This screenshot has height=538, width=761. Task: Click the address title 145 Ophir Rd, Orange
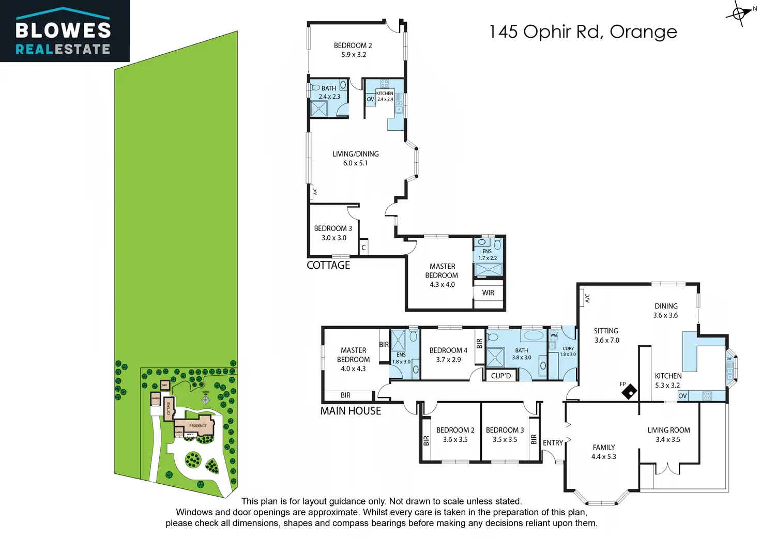click(x=583, y=32)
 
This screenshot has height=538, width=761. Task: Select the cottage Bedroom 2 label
click(x=353, y=50)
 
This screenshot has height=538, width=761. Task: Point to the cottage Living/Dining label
click(x=356, y=158)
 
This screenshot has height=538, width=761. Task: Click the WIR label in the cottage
click(x=488, y=293)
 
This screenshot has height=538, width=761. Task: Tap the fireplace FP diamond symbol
click(x=629, y=393)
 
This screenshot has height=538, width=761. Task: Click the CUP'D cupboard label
click(x=500, y=376)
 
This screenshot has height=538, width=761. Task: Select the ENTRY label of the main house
click(x=553, y=443)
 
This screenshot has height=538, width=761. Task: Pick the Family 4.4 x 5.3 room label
click(x=604, y=452)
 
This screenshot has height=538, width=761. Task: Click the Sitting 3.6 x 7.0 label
click(x=606, y=335)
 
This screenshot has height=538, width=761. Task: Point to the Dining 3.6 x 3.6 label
click(x=666, y=311)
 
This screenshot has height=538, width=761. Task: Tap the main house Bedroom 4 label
click(x=448, y=355)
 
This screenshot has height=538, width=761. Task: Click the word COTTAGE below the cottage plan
click(x=328, y=265)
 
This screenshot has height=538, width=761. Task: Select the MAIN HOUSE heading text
click(x=351, y=411)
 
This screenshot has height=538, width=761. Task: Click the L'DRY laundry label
click(x=568, y=351)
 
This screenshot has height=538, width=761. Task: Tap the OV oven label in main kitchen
click(x=683, y=396)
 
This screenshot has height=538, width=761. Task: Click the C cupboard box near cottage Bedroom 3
click(x=364, y=248)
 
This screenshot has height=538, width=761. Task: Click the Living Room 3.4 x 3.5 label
click(x=668, y=435)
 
